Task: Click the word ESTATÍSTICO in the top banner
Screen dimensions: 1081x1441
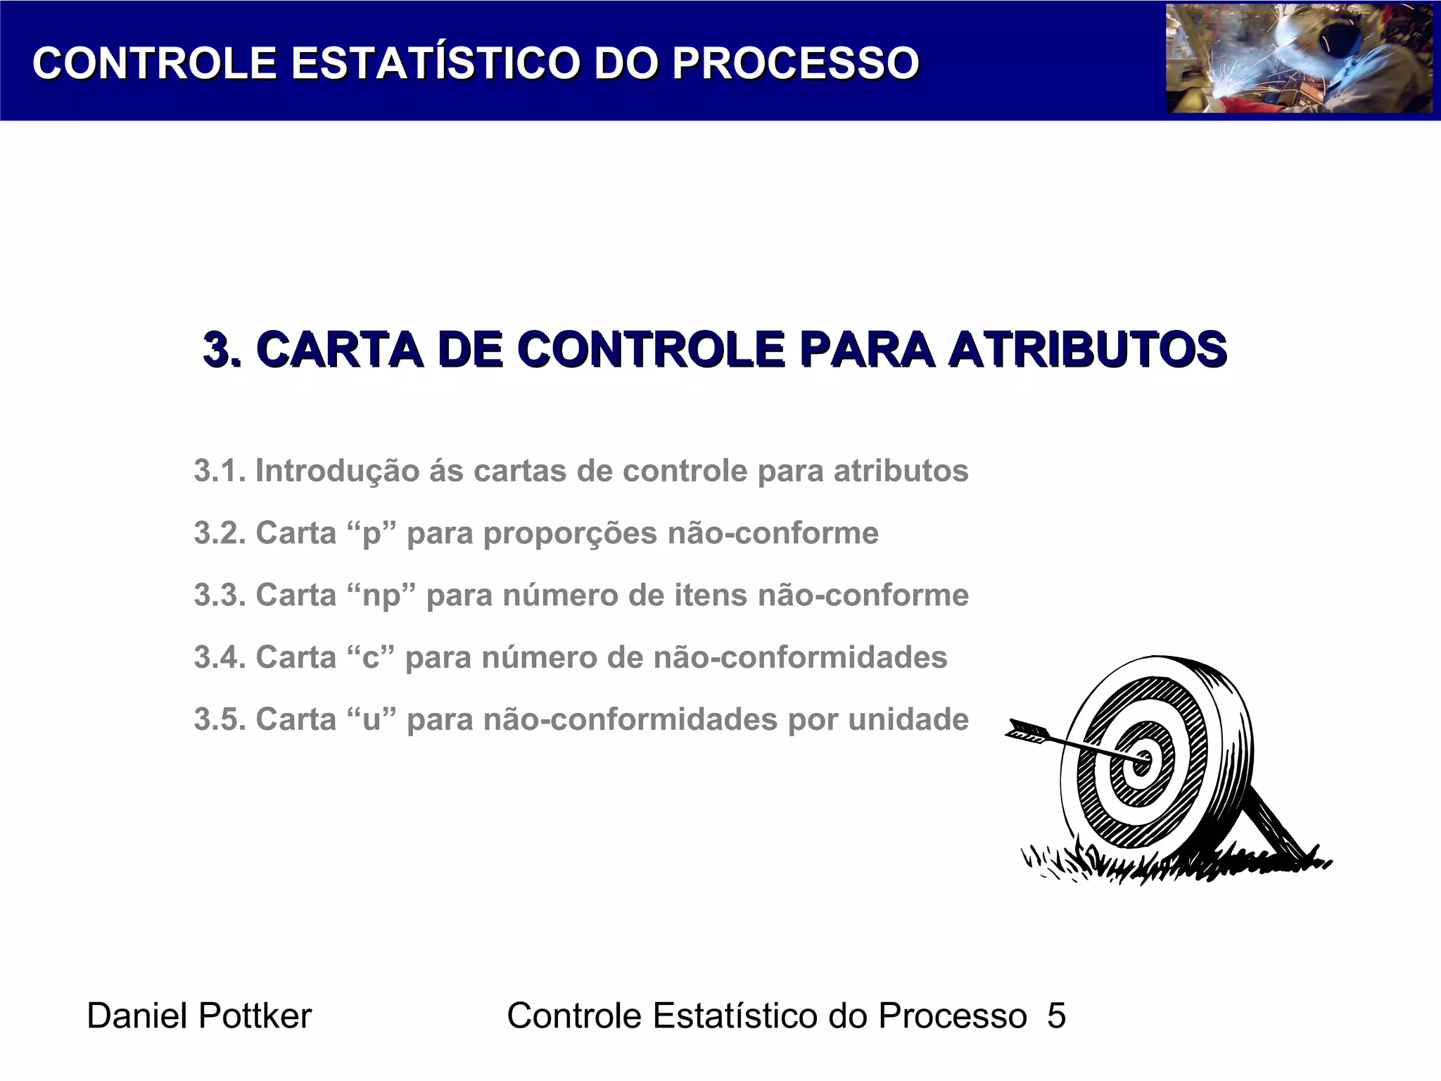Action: click(x=436, y=63)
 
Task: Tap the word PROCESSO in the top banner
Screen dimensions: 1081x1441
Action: click(x=795, y=63)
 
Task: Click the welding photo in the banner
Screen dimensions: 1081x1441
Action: click(x=1299, y=59)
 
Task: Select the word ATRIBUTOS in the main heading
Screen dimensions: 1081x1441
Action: click(x=1087, y=350)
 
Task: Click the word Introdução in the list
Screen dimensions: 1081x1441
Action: click(x=337, y=471)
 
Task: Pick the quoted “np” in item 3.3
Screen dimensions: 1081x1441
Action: click(x=381, y=595)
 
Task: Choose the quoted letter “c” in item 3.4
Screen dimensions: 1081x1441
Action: click(x=371, y=657)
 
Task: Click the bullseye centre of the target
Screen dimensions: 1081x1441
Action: click(x=1141, y=761)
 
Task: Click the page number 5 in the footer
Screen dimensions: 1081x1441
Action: click(x=1056, y=1016)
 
